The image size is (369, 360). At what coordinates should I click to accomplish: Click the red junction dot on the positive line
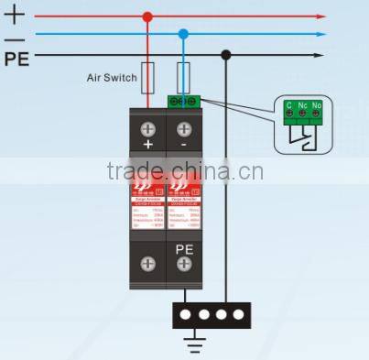147,16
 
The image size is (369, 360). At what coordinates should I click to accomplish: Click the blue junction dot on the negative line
183,34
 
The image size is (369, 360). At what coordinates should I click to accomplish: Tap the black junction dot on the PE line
226,54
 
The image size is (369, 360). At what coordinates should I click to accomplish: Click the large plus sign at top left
15,15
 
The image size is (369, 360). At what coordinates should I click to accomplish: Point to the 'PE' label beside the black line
16,60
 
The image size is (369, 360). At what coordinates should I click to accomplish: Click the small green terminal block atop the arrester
184,101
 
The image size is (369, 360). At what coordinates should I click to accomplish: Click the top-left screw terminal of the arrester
148,127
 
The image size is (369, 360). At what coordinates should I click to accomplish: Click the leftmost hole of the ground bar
189,314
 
